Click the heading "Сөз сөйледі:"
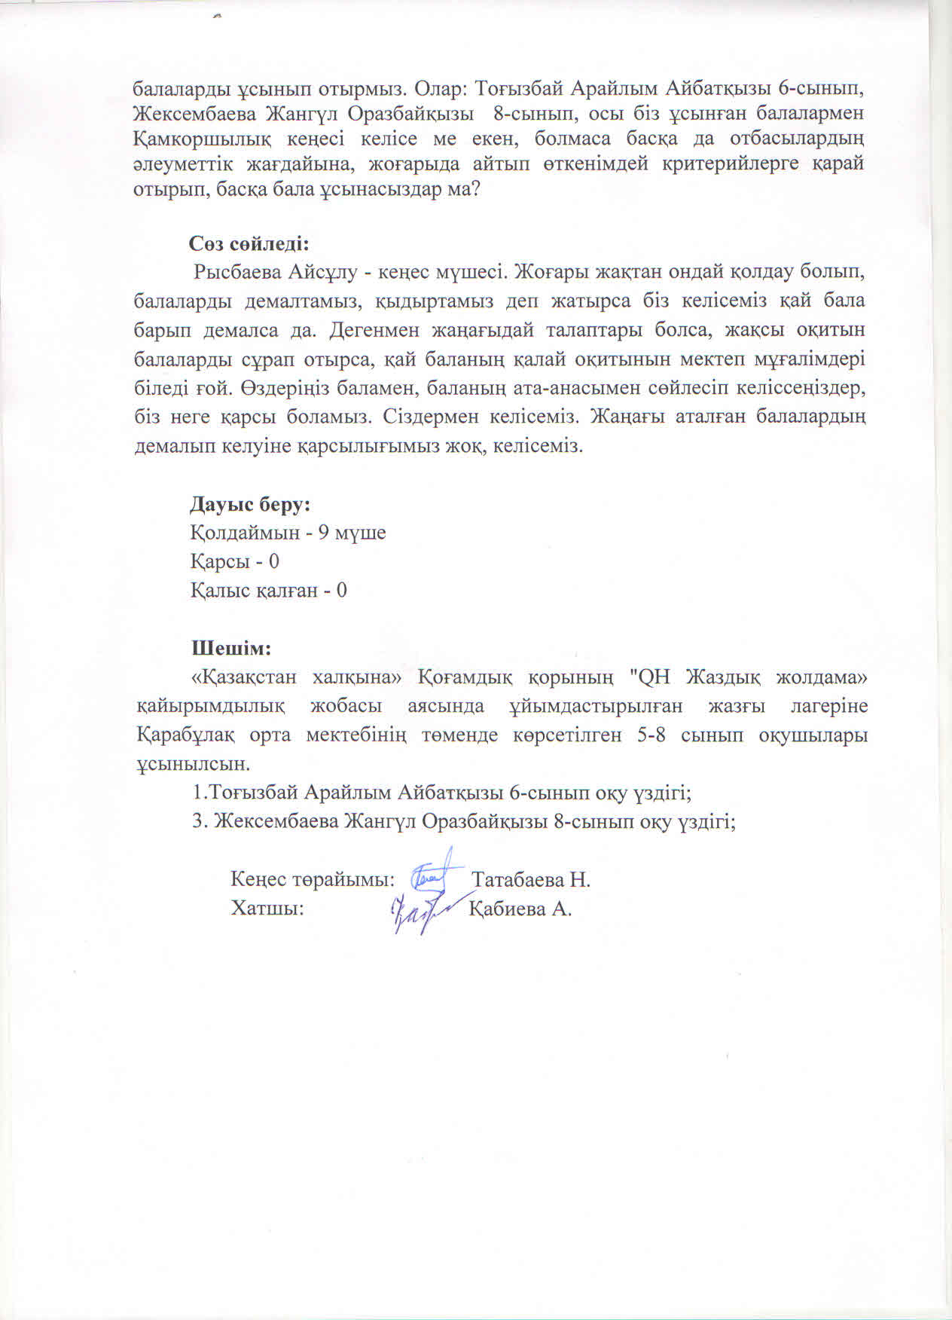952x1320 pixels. [x=249, y=244]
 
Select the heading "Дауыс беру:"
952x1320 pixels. [x=251, y=504]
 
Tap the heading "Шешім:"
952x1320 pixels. [x=230, y=648]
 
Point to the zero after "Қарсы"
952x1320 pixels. [x=274, y=562]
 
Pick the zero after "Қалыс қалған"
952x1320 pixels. [x=341, y=591]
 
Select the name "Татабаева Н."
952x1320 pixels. [x=530, y=880]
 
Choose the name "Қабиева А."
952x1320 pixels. [x=520, y=909]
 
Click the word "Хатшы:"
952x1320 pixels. [x=267, y=909]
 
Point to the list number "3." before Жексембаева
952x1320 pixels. [x=199, y=821]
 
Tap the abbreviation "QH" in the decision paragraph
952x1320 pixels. [x=652, y=677]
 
